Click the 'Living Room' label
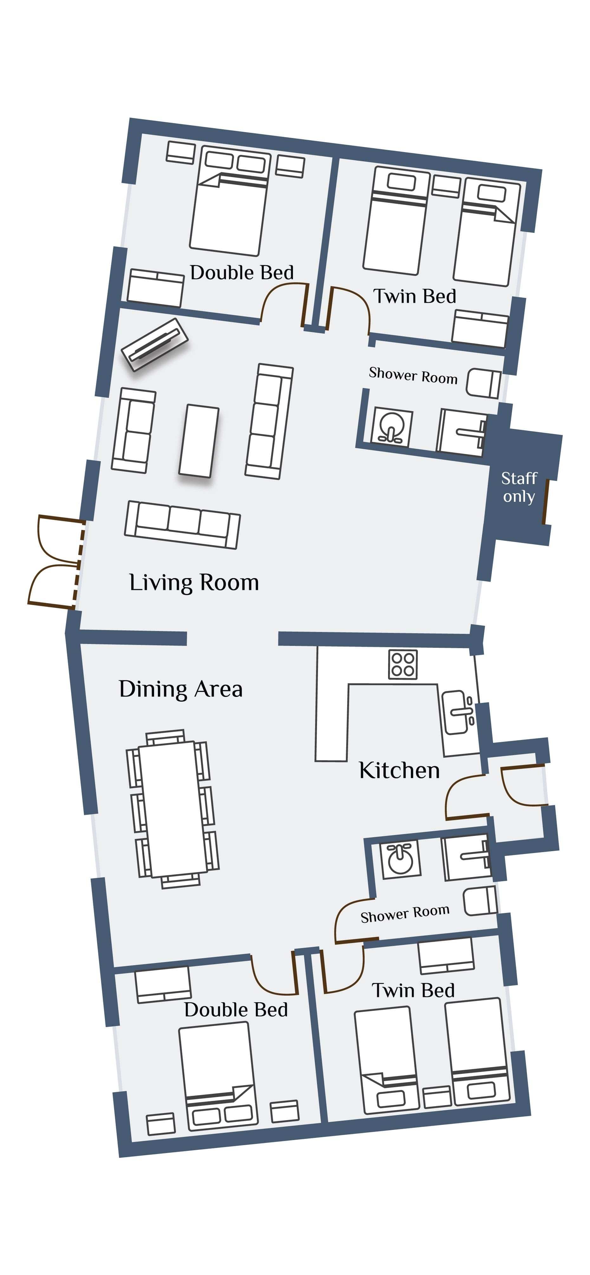[194, 583]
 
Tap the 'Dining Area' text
[180, 689]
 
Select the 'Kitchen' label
[399, 770]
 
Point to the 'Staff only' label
[519, 487]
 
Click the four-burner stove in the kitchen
[403, 664]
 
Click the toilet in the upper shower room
[483, 383]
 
